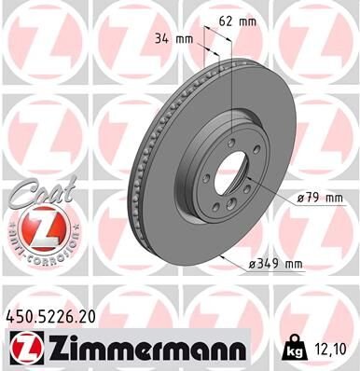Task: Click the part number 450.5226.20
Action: point(54,320)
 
